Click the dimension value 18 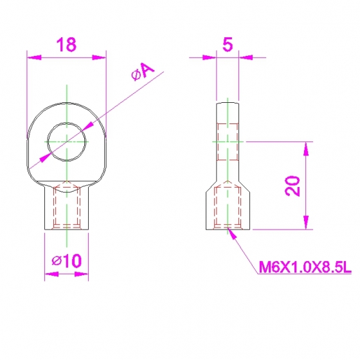[x=66, y=44]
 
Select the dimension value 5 [x=228, y=44]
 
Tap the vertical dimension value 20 [x=292, y=186]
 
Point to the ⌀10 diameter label [x=67, y=260]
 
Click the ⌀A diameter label [x=143, y=71]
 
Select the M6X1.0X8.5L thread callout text [x=305, y=267]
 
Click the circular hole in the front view [x=67, y=123]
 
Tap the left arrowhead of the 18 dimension [x=34, y=57]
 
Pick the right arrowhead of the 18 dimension [x=99, y=57]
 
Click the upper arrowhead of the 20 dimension [x=306, y=148]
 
